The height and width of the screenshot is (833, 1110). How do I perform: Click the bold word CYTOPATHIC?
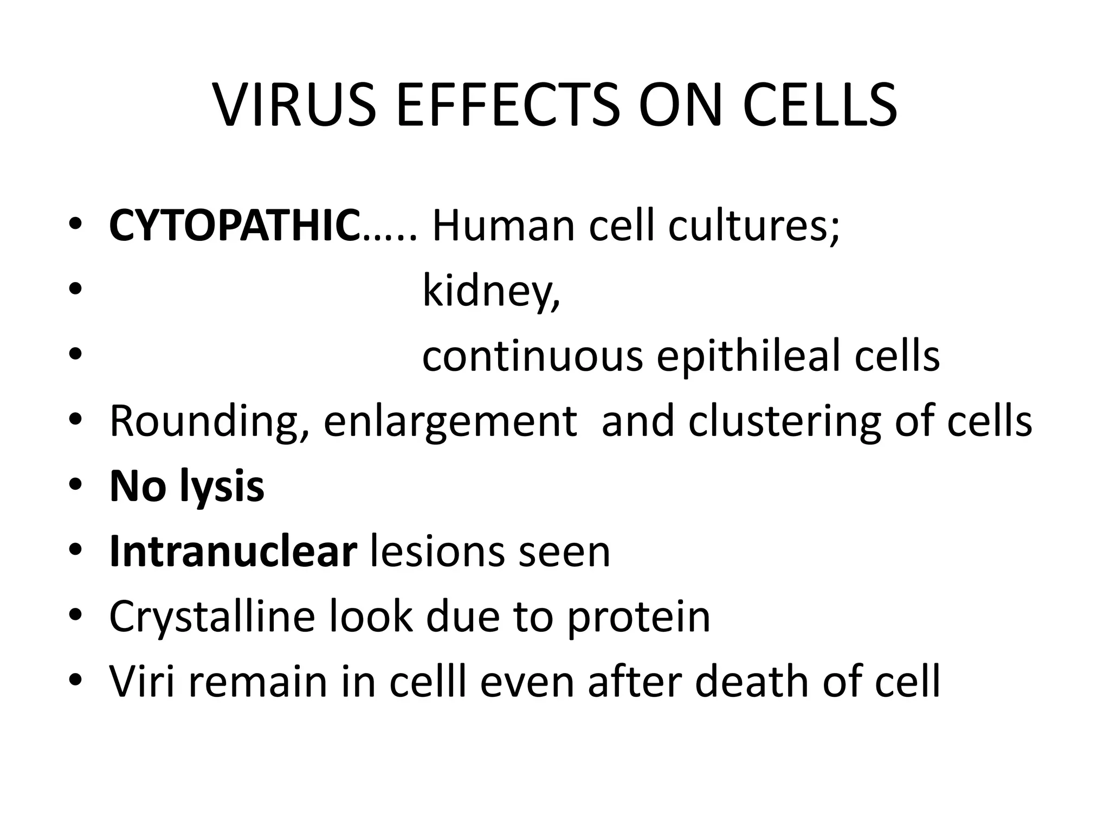click(x=235, y=226)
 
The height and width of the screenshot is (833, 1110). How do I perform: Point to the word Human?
click(x=503, y=226)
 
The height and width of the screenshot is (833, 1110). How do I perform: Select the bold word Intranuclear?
click(x=233, y=552)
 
